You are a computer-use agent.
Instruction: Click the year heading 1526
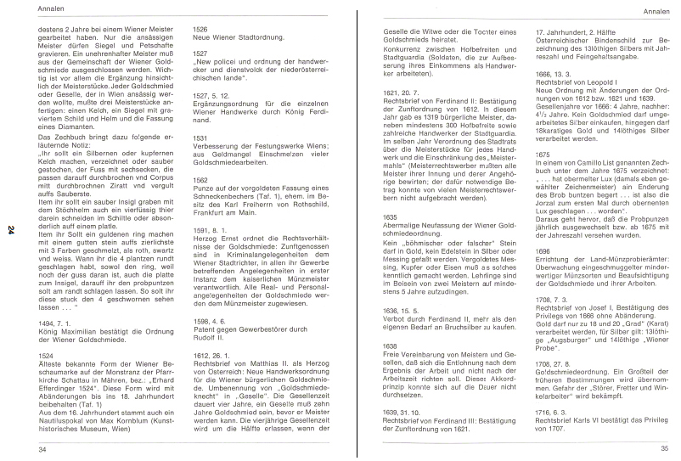click(200, 29)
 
